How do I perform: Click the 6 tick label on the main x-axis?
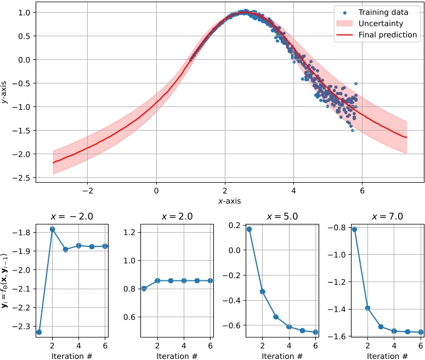point(362,191)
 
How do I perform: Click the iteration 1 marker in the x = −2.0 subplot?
point(39,332)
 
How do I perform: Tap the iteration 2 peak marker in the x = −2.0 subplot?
point(52,229)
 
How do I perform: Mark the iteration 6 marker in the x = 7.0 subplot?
point(420,332)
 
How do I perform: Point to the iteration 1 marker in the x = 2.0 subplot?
point(144,288)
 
